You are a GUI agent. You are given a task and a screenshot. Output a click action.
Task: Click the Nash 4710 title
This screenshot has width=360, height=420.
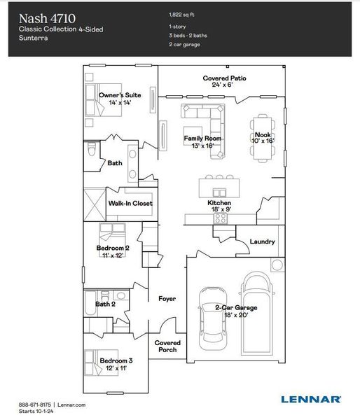pyautogui.click(x=48, y=17)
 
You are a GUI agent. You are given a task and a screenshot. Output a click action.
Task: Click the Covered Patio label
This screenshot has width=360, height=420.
pyautogui.click(x=224, y=81)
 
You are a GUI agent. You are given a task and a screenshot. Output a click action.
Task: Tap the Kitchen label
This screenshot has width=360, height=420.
pyautogui.click(x=219, y=202)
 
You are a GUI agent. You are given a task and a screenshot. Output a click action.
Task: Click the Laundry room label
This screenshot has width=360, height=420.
pyautogui.click(x=263, y=242)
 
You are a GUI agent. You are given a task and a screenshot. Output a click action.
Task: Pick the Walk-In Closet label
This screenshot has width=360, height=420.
pyautogui.click(x=130, y=204)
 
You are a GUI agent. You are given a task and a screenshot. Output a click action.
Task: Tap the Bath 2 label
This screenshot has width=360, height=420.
pyautogui.click(x=105, y=304)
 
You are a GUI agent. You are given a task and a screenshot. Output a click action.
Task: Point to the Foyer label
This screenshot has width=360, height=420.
pyautogui.click(x=167, y=299)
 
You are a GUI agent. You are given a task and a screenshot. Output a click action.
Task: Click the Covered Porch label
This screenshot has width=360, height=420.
pyautogui.click(x=167, y=346)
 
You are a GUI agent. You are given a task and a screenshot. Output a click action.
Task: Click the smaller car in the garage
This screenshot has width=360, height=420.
pyautogui.click(x=212, y=318)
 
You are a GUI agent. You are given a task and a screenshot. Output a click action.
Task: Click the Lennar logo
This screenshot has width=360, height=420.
pyautogui.click(x=311, y=399)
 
